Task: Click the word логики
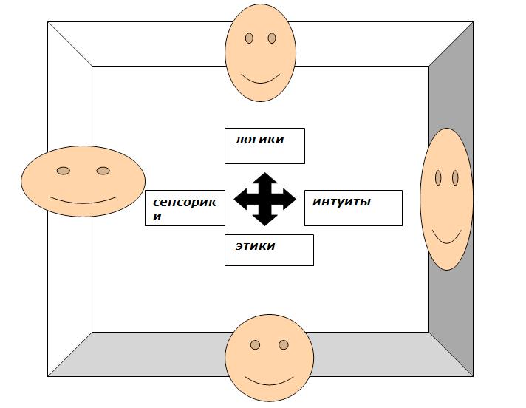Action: pos(259,139)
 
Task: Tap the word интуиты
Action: pos(341,202)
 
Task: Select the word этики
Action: pos(256,246)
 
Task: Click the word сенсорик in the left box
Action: pos(185,203)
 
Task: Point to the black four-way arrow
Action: pos(264,199)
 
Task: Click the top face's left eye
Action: pos(249,38)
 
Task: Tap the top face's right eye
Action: pos(272,38)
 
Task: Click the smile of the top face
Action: pos(261,81)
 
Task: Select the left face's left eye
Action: pos(64,171)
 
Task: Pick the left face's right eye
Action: pos(103,171)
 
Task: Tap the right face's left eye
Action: pos(438,178)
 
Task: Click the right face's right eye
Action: pos(455,178)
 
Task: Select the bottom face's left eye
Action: pos(256,345)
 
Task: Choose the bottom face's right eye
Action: pos(284,345)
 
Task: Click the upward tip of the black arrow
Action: pos(264,173)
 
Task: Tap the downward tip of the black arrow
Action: pos(264,225)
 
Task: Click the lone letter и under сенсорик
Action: pos(157,217)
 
